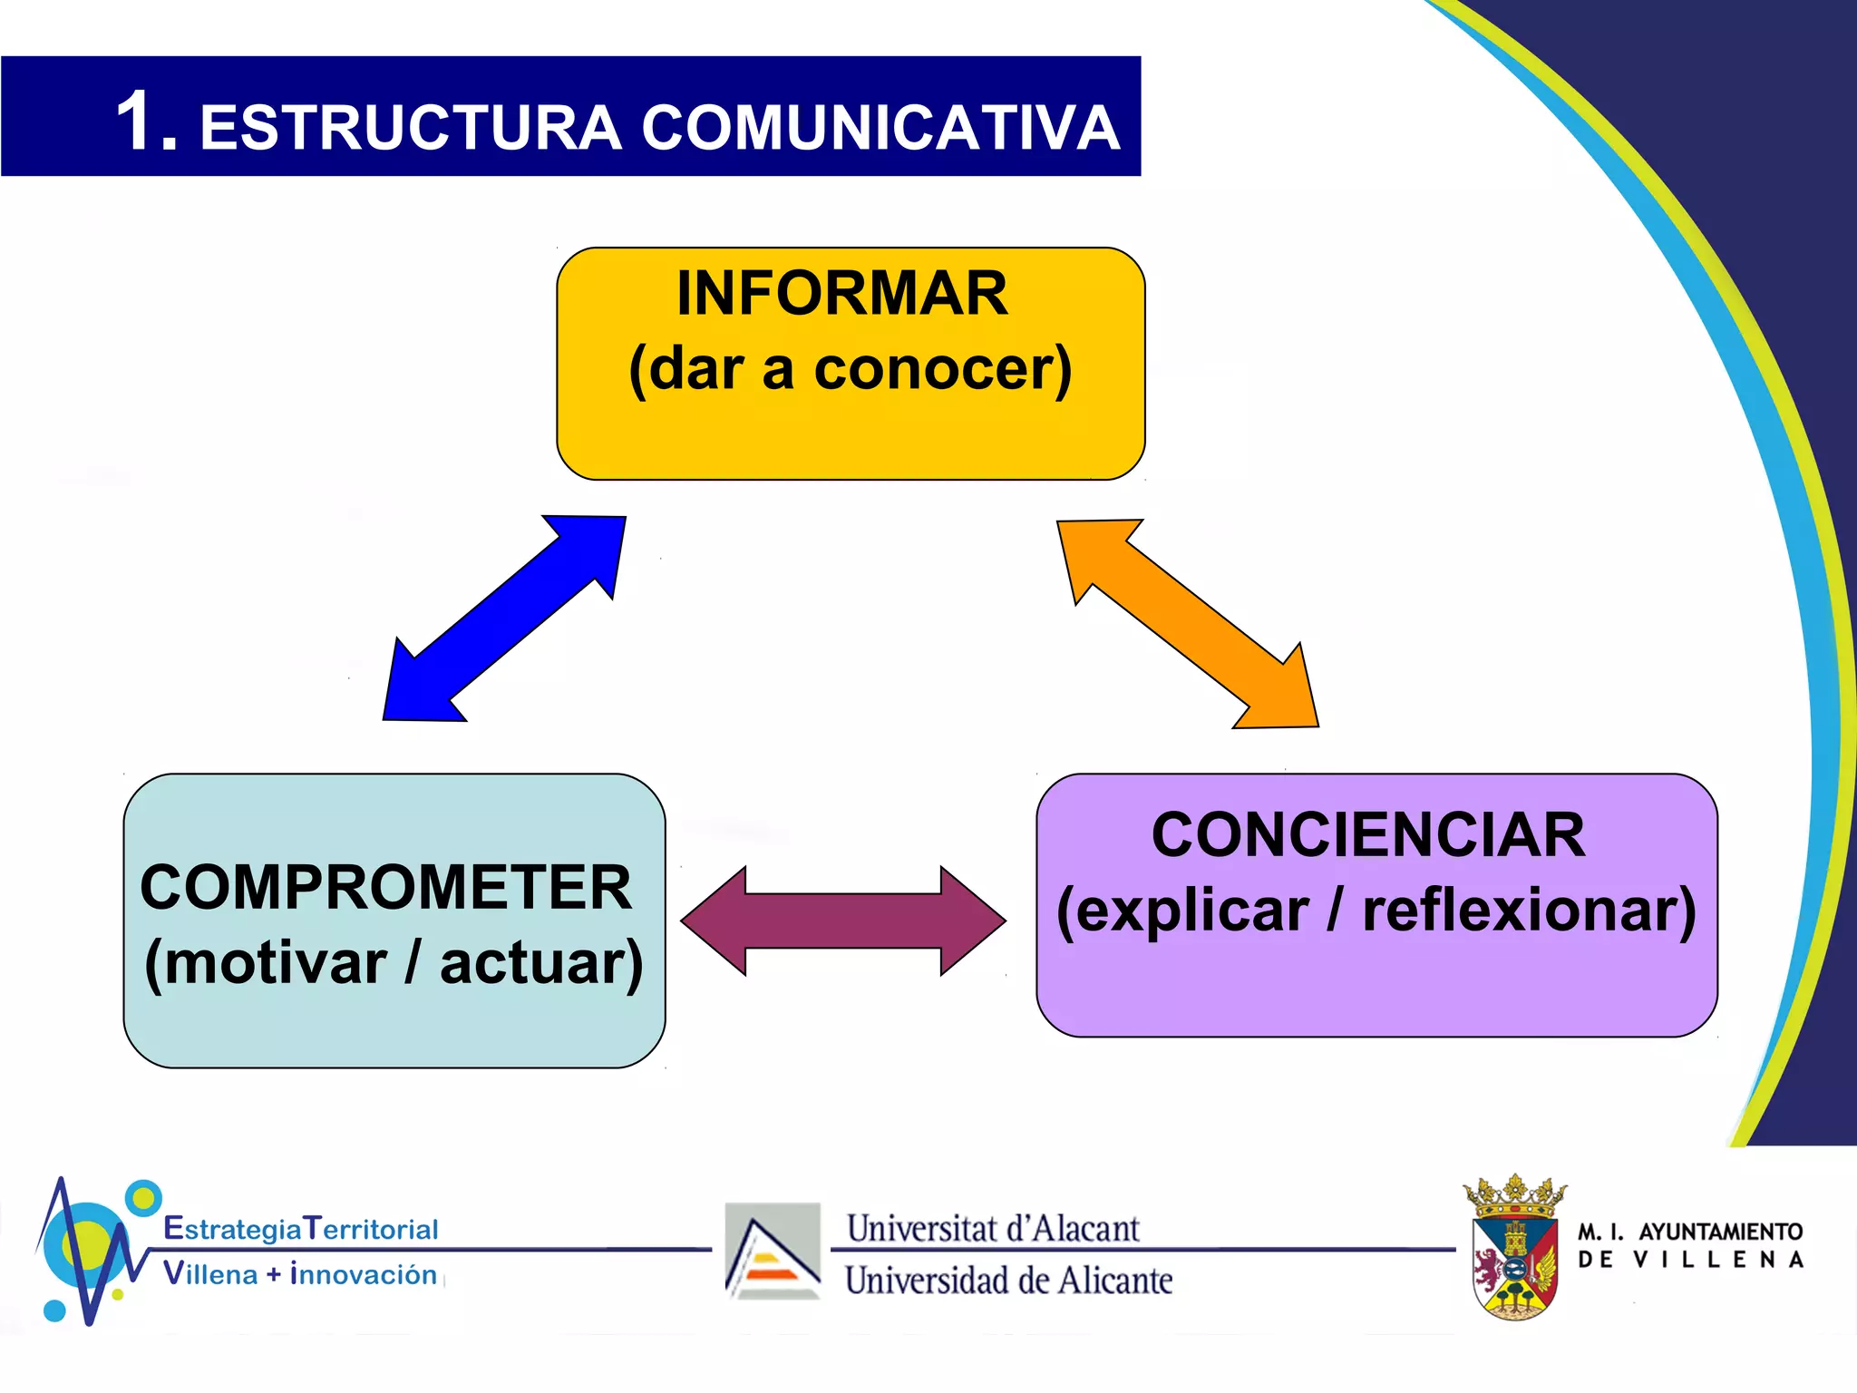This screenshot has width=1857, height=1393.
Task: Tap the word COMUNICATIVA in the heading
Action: pos(880,128)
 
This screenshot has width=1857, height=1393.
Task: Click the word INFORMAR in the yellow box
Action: pos(841,293)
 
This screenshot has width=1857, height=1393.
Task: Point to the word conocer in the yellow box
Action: pos(941,369)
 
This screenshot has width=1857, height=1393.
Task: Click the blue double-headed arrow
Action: pos(504,619)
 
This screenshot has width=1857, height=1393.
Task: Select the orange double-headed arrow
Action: pos(1188,623)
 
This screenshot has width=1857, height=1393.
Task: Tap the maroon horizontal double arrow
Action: pos(842,921)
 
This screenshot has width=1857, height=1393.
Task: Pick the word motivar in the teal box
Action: pos(275,963)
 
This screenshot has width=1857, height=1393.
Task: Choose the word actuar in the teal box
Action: pos(541,963)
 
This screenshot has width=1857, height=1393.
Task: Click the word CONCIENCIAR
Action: pos(1368,834)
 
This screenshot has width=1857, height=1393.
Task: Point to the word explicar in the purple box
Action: pos(1183,911)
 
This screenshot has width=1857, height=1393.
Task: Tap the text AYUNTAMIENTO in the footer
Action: pos(1720,1232)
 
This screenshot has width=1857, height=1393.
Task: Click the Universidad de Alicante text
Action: pos(1008,1281)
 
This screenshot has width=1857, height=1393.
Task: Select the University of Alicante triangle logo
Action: pos(773,1251)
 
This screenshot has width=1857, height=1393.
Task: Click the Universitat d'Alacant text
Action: pos(993,1229)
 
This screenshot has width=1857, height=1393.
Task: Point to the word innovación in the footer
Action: pos(364,1274)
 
